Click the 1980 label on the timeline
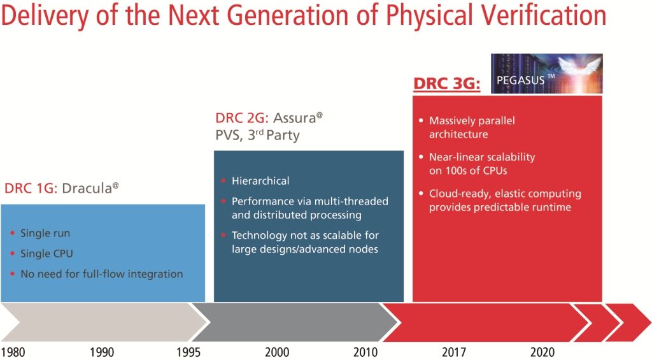tap(13, 352)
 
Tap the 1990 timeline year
tap(102, 352)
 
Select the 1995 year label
tap(188, 352)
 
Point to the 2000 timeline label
tap(276, 352)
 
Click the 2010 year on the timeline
tap(365, 352)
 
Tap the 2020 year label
tap(541, 352)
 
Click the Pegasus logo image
tap(546, 73)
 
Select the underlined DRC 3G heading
tap(446, 83)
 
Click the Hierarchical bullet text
tap(260, 181)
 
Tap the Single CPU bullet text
tap(46, 254)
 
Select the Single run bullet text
tap(45, 233)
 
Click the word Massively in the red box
tap(451, 120)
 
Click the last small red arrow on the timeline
tap(627, 322)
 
